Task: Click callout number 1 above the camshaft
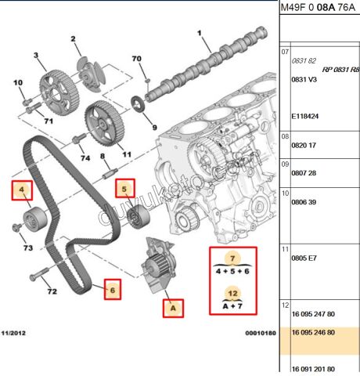(199, 33)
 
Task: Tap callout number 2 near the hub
(74, 38)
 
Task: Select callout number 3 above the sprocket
(35, 55)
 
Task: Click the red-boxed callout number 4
(22, 189)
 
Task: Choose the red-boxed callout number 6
(113, 289)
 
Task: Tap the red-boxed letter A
(174, 309)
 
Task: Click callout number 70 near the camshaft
(136, 60)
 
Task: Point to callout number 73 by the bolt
(27, 248)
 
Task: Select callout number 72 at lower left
(52, 292)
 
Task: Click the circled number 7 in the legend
(232, 258)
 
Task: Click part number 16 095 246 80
(315, 331)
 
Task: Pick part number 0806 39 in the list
(304, 202)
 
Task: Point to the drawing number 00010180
(260, 333)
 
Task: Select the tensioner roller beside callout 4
(34, 214)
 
